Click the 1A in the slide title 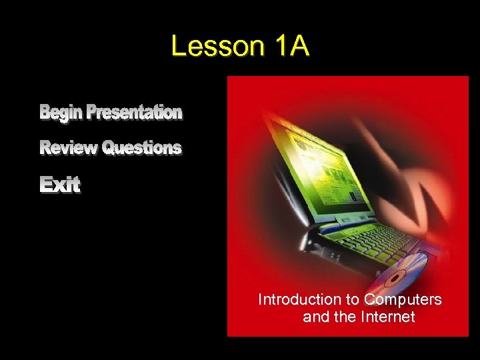pyautogui.click(x=291, y=46)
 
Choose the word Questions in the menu pyautogui.click(x=141, y=148)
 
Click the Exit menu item pyautogui.click(x=60, y=185)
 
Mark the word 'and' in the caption pyautogui.click(x=315, y=317)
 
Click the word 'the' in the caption pyautogui.click(x=344, y=317)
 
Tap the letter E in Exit pyautogui.click(x=47, y=185)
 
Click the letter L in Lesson pyautogui.click(x=178, y=46)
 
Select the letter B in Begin pyautogui.click(x=45, y=113)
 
